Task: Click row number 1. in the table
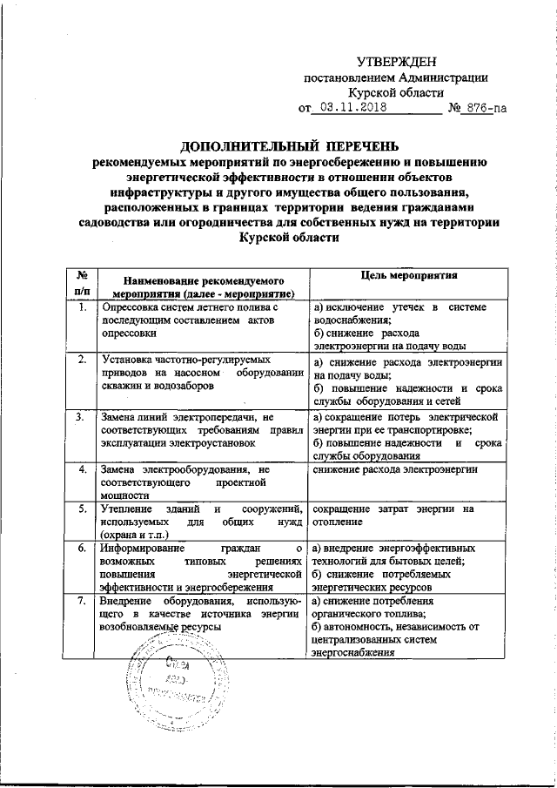81,308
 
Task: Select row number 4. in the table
81,471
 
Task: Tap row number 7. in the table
81,602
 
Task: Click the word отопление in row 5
340,522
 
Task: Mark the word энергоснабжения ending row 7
353,653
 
